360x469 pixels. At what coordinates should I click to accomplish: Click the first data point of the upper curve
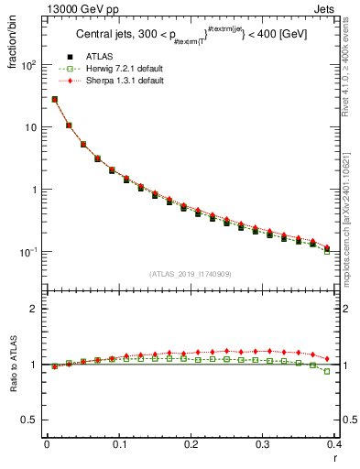(x=55, y=99)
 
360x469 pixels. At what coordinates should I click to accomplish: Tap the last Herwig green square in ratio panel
(x=327, y=371)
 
